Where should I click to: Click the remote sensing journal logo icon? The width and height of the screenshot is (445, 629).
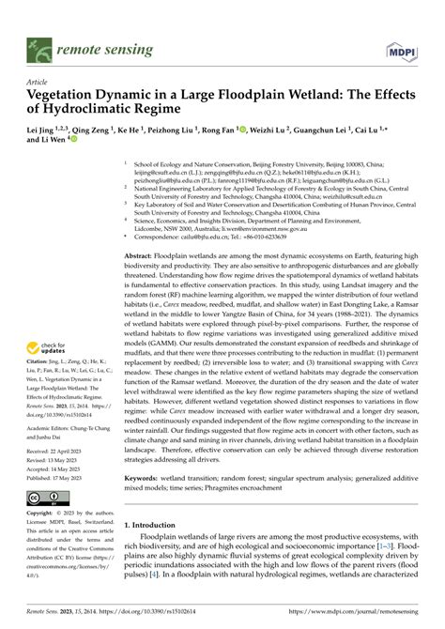click(x=38, y=43)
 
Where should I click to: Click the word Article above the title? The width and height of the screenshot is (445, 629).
click(x=37, y=82)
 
